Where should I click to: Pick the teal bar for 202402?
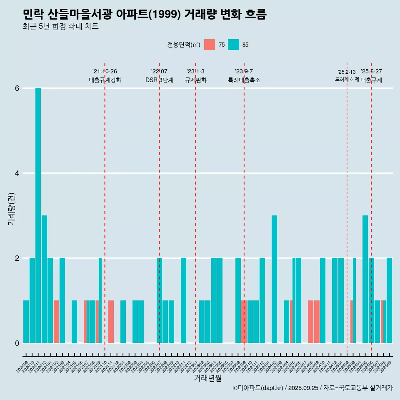274,279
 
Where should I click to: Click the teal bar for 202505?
365,279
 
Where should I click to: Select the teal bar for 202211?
183,300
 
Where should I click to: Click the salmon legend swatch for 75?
210,45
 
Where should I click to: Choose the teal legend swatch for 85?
234,45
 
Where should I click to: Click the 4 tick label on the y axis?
17,173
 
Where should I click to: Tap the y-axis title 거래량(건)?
11,208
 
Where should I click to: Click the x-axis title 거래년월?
207,378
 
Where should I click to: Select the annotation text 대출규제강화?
105,80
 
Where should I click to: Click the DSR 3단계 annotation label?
159,80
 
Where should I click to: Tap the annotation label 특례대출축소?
244,80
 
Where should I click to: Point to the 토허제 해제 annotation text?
347,79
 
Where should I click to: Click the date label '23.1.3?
195,71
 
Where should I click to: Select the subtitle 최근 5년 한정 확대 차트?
61,27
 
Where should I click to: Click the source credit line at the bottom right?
312,388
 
